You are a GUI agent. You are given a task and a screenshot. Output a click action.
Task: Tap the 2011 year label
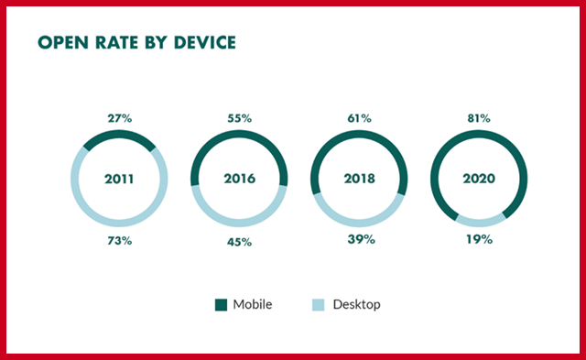coord(119,180)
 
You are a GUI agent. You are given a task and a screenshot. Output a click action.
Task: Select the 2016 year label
coord(239,180)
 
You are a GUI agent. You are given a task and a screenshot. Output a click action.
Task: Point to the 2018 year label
coord(359,180)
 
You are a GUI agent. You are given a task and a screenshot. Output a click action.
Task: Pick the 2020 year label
coord(479,180)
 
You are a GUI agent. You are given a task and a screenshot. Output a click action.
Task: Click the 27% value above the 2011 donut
coord(119,118)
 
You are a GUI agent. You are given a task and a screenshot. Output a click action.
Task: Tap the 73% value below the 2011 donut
coord(119,241)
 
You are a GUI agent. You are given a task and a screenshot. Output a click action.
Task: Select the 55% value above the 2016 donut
coord(239,118)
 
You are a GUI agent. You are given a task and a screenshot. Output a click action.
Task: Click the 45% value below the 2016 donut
coord(239,241)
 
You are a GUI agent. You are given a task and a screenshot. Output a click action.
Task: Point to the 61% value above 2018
coord(359,118)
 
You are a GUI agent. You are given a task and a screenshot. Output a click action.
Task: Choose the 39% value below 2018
coord(359,241)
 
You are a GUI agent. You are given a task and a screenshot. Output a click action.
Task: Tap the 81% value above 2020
coord(479,118)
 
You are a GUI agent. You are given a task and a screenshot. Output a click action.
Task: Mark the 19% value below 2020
coord(479,241)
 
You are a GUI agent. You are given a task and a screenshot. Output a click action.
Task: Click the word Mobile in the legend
coord(252,304)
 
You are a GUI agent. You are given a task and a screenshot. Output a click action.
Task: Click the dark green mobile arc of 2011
coord(119,136)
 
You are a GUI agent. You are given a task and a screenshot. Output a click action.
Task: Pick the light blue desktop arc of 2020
coord(479,223)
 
